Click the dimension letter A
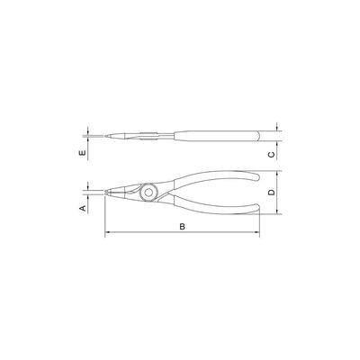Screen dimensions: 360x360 coord(83,208)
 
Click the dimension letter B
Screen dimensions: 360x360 coord(182,227)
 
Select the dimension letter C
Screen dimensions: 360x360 coord(271,155)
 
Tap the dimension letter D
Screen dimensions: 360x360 coord(271,193)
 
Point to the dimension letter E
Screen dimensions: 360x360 coord(83,153)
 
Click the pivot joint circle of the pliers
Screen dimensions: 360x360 coord(148,193)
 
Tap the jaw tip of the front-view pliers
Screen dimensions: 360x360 coord(106,193)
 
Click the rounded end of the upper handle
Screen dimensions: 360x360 coord(256,176)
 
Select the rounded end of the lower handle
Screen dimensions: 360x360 coord(256,208)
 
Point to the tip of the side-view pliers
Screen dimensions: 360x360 coord(106,136)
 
